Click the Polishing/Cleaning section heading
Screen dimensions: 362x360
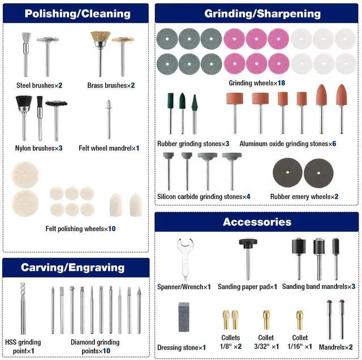pyautogui.click(x=77, y=14)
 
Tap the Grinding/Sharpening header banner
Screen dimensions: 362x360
pyautogui.click(x=262, y=14)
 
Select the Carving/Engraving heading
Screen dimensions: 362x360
pyautogui.click(x=72, y=267)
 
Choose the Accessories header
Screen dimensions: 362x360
pyautogui.click(x=257, y=222)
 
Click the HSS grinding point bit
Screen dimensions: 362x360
pyautogui.click(x=23, y=308)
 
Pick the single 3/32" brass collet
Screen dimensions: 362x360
pyautogui.click(x=265, y=319)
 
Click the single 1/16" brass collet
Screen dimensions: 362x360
pyautogui.click(x=300, y=319)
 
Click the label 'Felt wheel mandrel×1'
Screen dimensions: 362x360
pyautogui.click(x=109, y=148)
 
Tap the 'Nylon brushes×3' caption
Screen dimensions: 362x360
pyautogui.click(x=39, y=148)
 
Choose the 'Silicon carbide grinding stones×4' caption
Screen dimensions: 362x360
pyautogui.click(x=204, y=197)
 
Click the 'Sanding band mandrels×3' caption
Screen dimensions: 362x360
pyautogui.click(x=319, y=287)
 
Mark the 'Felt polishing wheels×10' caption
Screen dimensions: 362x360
pyautogui.click(x=81, y=229)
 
